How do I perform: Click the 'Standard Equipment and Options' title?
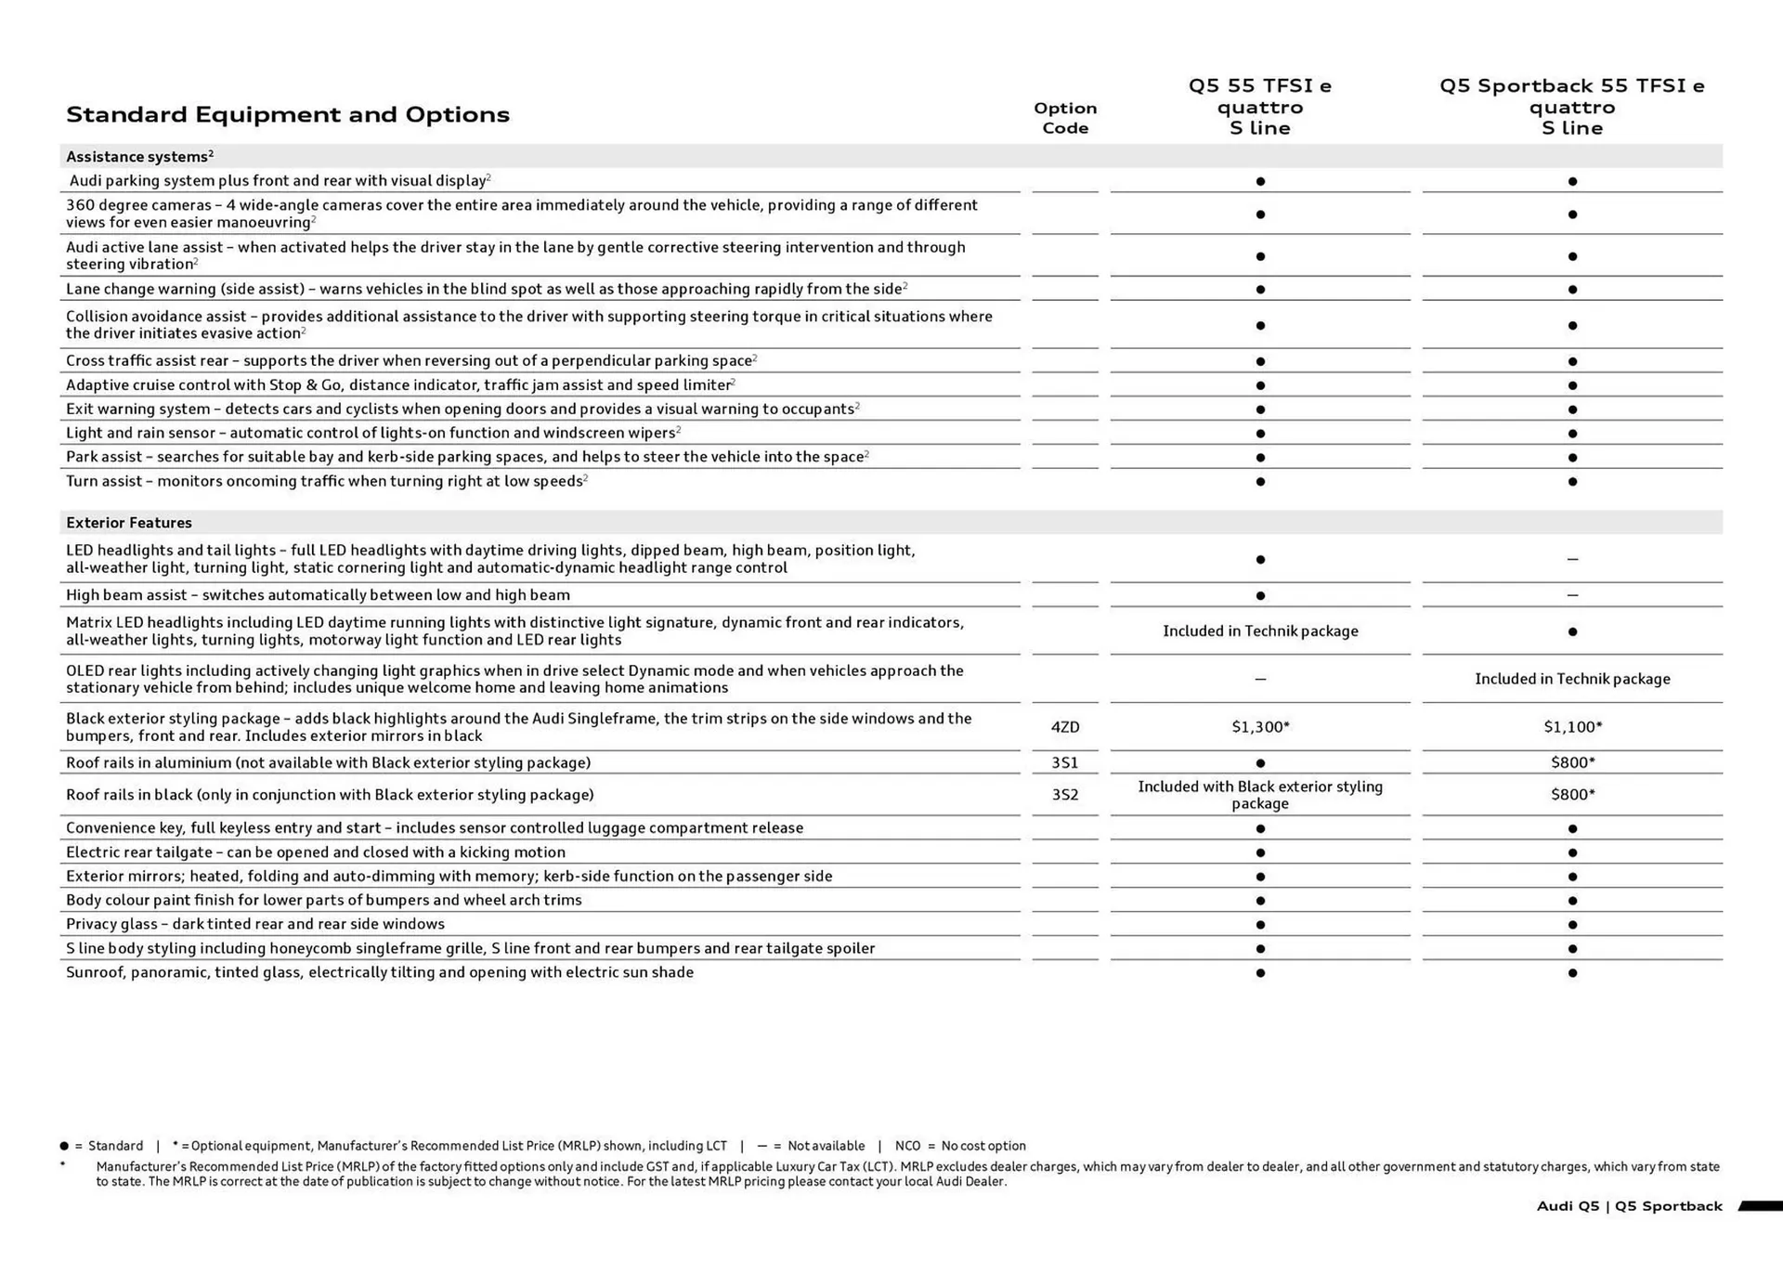tap(288, 114)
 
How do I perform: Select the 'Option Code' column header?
tap(1065, 118)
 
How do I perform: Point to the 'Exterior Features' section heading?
tap(129, 523)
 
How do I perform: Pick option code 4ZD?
tap(1065, 727)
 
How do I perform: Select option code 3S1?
tap(1065, 762)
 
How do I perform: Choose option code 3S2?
tap(1065, 795)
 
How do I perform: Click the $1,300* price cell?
tap(1260, 727)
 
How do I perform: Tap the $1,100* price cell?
tap(1572, 727)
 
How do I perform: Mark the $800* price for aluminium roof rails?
tap(1572, 762)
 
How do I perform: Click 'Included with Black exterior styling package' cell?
tap(1260, 795)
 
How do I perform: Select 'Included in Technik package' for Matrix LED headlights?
tap(1260, 631)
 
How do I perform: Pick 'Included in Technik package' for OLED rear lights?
tap(1572, 679)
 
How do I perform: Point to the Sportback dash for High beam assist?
tap(1572, 595)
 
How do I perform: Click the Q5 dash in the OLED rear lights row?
tap(1260, 679)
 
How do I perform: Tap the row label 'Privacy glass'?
tap(255, 924)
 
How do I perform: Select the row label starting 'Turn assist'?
tap(325, 481)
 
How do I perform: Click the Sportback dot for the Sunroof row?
tap(1572, 973)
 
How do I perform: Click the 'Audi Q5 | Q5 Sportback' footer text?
tap(1629, 1206)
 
